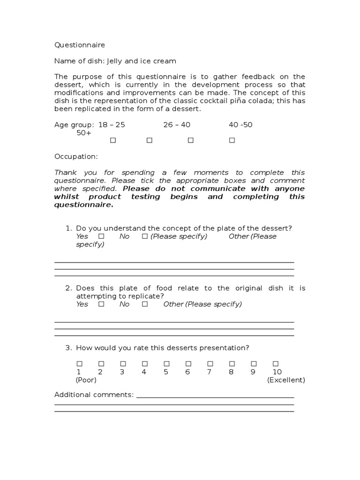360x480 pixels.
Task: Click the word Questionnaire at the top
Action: [x=80, y=45]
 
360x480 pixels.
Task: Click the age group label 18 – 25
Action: [x=112, y=125]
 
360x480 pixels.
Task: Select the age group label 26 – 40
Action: [x=177, y=125]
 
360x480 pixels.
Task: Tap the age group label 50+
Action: [x=84, y=133]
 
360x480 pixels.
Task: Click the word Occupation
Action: [x=76, y=157]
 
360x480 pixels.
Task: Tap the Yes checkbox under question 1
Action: [x=101, y=236]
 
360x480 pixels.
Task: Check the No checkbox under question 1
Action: [x=145, y=236]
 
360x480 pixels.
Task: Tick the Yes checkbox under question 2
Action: [x=101, y=304]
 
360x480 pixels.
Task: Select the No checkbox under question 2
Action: [x=145, y=304]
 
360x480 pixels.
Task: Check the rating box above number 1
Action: [x=79, y=364]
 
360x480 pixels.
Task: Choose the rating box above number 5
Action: [x=166, y=364]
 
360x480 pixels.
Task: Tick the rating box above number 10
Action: [x=276, y=364]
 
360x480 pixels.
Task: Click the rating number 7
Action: [x=210, y=372]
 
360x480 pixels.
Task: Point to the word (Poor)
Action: [x=86, y=380]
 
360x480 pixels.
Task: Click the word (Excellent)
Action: [x=286, y=380]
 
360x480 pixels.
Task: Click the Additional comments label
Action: [x=94, y=395]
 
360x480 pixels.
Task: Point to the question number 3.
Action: [x=68, y=348]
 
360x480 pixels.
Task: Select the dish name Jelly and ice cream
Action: [x=142, y=61]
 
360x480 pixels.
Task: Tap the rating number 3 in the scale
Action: [x=122, y=372]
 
